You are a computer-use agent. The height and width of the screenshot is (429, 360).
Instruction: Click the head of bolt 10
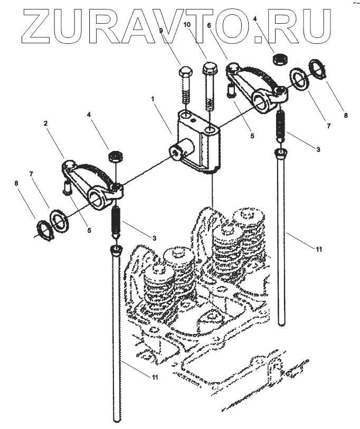click(x=209, y=69)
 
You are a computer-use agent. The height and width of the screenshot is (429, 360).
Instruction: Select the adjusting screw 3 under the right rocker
click(x=281, y=125)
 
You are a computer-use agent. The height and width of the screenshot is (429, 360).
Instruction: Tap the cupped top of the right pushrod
click(x=281, y=154)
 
